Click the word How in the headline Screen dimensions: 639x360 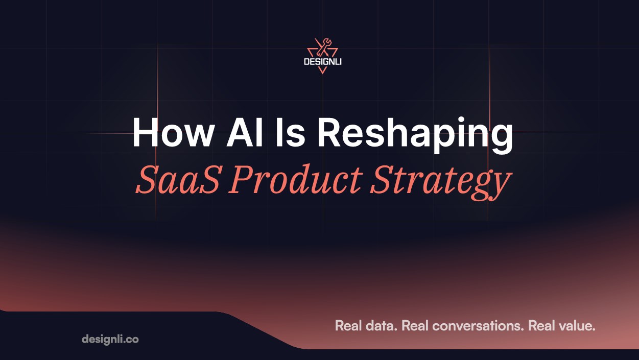[172, 132]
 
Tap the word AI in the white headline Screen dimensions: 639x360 [245, 132]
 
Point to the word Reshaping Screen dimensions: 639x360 [415, 135]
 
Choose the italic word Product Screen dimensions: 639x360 [295, 179]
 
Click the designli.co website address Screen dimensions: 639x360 [110, 339]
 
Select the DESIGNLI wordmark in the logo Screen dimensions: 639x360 [323, 62]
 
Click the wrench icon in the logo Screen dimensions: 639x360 [323, 47]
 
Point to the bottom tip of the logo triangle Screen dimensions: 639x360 [322, 74]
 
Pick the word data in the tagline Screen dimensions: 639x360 [382, 326]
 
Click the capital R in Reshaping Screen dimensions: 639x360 [330, 132]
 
